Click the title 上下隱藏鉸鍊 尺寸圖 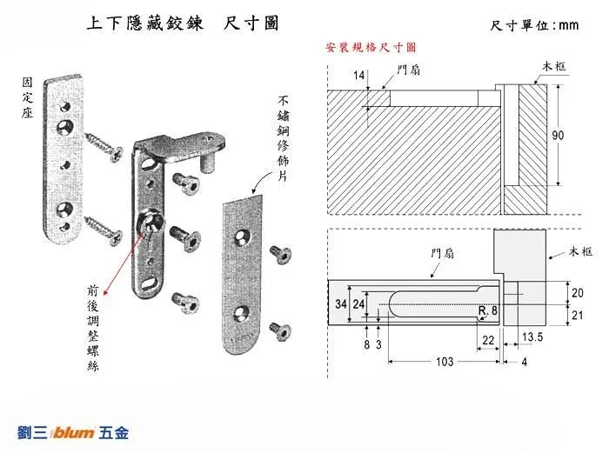(183, 23)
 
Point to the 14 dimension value (359, 77)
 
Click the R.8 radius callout (488, 310)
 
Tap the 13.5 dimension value (532, 336)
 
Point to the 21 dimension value (578, 316)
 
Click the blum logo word (76, 431)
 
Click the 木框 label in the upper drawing (555, 68)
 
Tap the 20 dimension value (578, 291)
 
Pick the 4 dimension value (524, 362)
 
